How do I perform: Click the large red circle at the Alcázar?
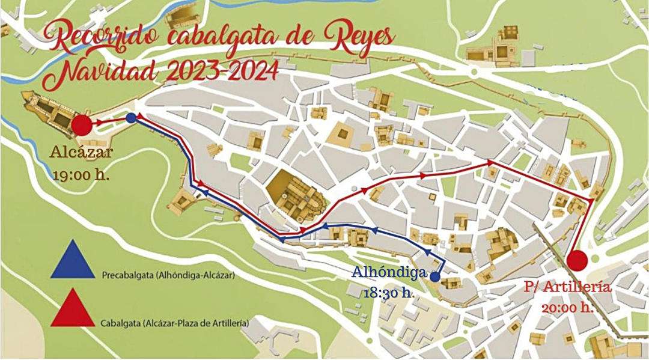(82, 125)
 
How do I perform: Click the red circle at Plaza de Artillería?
(577, 260)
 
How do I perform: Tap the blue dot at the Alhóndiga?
(435, 277)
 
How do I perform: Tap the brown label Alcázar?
(82, 153)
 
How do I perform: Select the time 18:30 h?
(388, 293)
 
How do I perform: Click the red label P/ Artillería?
(568, 287)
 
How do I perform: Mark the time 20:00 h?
(568, 308)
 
